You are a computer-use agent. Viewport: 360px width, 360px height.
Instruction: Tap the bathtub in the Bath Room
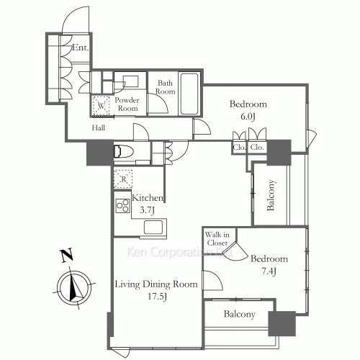(x=189, y=94)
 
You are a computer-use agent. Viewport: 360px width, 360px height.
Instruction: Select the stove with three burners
(x=122, y=206)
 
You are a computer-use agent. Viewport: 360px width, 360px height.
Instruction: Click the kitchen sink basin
(x=153, y=227)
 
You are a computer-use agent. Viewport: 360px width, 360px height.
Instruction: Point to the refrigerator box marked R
(x=123, y=179)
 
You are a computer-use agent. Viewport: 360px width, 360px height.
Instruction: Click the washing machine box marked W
(x=101, y=106)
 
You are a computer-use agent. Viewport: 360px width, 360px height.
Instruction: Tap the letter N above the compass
(x=67, y=256)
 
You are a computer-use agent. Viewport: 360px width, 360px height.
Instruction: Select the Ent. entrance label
(x=81, y=48)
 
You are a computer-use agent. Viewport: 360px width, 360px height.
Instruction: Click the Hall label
(x=99, y=127)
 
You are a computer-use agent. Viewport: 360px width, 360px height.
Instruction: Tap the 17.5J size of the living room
(x=157, y=297)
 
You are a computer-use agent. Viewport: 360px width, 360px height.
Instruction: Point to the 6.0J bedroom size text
(x=248, y=117)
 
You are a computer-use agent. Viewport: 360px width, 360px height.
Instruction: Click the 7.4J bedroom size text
(x=269, y=271)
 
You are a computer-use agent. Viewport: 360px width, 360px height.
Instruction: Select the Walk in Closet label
(x=217, y=238)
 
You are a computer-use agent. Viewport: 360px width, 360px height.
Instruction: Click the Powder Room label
(x=127, y=104)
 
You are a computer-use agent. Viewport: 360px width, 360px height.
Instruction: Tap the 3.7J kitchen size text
(x=147, y=210)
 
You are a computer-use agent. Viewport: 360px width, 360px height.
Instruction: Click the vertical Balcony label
(x=271, y=195)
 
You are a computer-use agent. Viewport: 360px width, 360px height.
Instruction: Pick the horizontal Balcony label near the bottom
(x=239, y=314)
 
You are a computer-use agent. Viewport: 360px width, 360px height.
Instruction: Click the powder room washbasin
(x=130, y=81)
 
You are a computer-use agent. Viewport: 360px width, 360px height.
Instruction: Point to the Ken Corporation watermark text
(x=179, y=252)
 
